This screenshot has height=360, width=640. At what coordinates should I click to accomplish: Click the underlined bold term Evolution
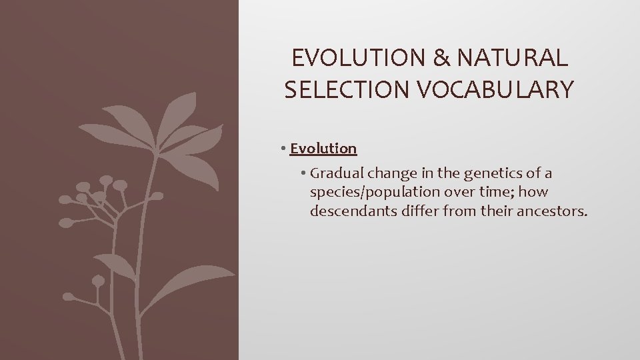tap(323, 148)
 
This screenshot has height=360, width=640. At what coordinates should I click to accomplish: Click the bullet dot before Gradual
tap(303, 174)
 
